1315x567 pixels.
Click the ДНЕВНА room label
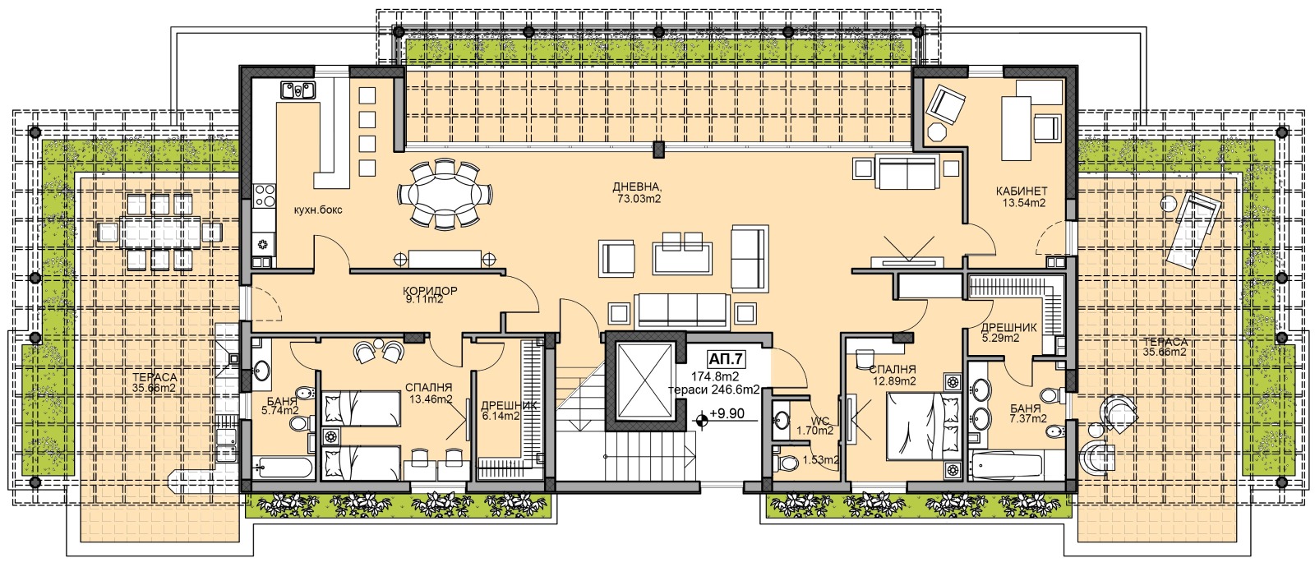coord(637,187)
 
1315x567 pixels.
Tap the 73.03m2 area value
coord(637,198)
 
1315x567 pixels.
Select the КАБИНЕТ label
coord(1022,191)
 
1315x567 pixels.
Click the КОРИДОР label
coord(430,291)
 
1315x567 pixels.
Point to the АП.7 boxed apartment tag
coord(727,358)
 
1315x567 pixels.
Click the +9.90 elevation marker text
coord(727,414)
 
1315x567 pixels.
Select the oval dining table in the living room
coord(445,193)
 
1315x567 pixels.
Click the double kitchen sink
coord(298,90)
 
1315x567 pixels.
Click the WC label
coord(819,420)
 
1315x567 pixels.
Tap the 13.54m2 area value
coord(1024,203)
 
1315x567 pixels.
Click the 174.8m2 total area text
coord(715,376)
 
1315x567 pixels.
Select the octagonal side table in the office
coord(935,132)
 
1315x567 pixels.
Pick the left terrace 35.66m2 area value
coord(153,387)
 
